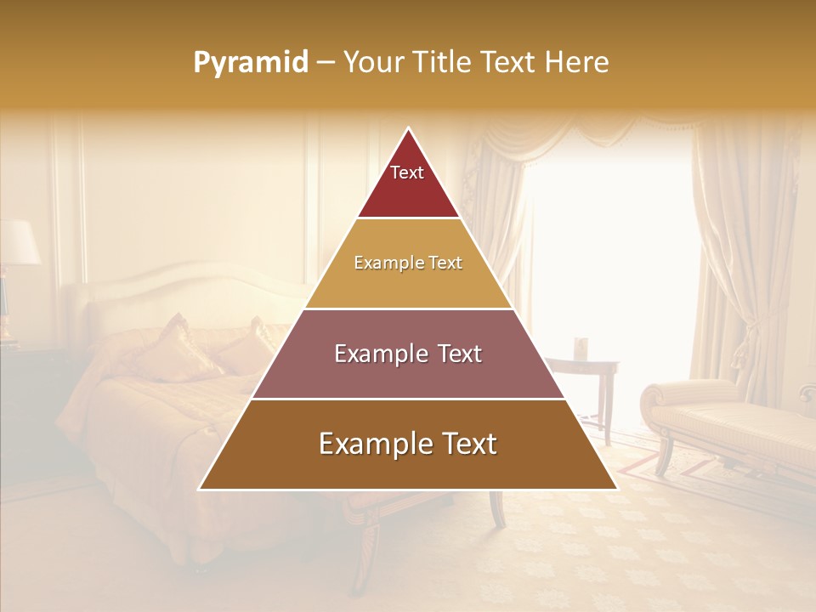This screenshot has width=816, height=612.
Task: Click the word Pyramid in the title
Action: coord(250,62)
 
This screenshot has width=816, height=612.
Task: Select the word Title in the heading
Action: coord(443,62)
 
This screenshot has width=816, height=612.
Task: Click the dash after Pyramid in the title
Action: coord(325,63)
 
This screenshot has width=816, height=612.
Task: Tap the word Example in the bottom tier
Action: coord(373,445)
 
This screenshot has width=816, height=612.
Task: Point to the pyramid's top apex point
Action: coord(408,129)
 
